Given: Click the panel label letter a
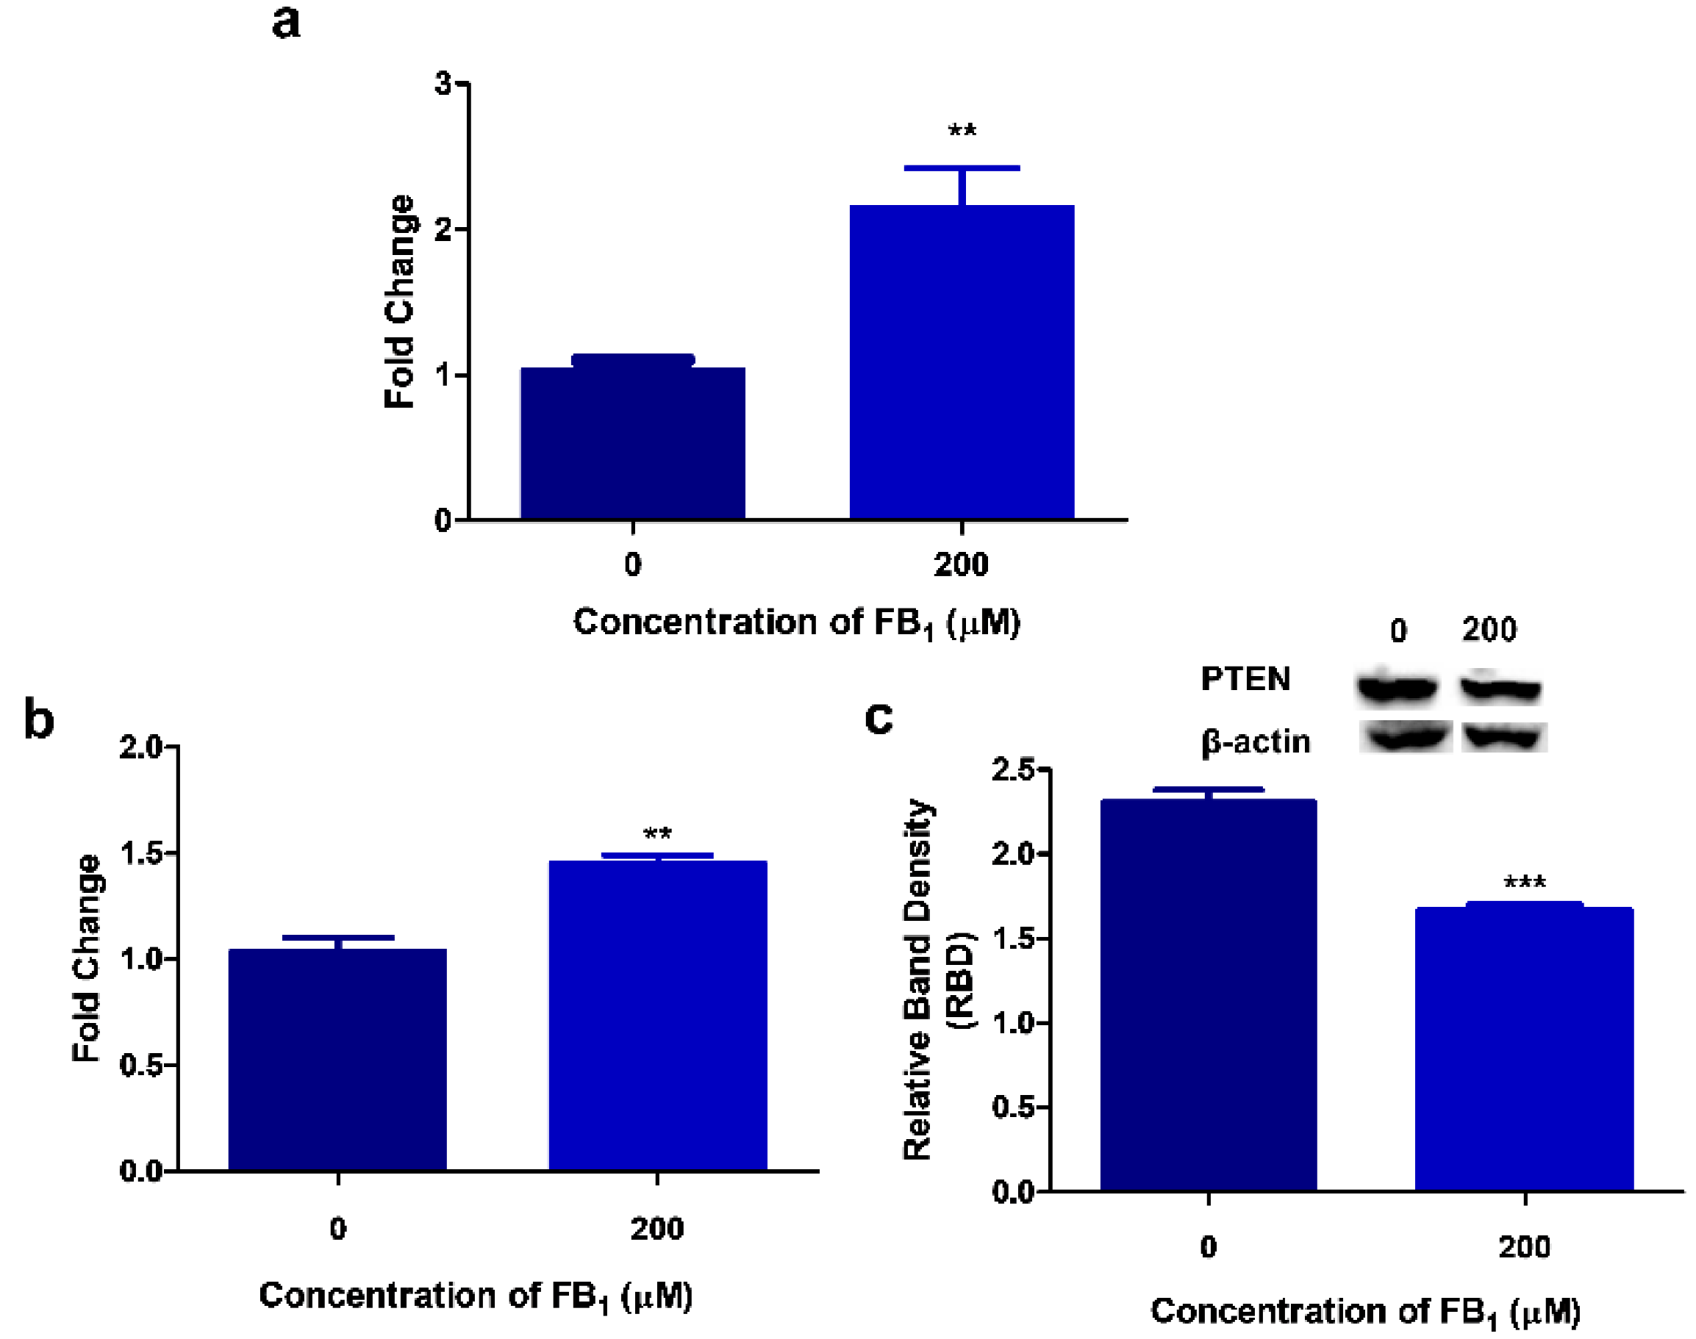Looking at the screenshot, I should (x=286, y=22).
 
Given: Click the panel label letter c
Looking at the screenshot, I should (x=879, y=717).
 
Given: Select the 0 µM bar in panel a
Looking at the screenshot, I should (x=632, y=443).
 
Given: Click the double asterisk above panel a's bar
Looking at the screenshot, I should (x=962, y=130).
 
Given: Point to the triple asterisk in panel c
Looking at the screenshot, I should (x=1524, y=883).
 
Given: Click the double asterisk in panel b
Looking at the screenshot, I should (x=657, y=833).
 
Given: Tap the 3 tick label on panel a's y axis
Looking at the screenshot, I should (x=444, y=84).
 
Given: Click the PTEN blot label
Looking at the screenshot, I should (x=1245, y=679).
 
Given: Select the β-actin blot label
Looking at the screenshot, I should (x=1256, y=741).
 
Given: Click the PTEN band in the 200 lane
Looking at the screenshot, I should (x=1500, y=689).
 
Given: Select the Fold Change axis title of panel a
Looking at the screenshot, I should (x=399, y=302).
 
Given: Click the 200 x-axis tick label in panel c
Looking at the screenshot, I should (x=1524, y=1247).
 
